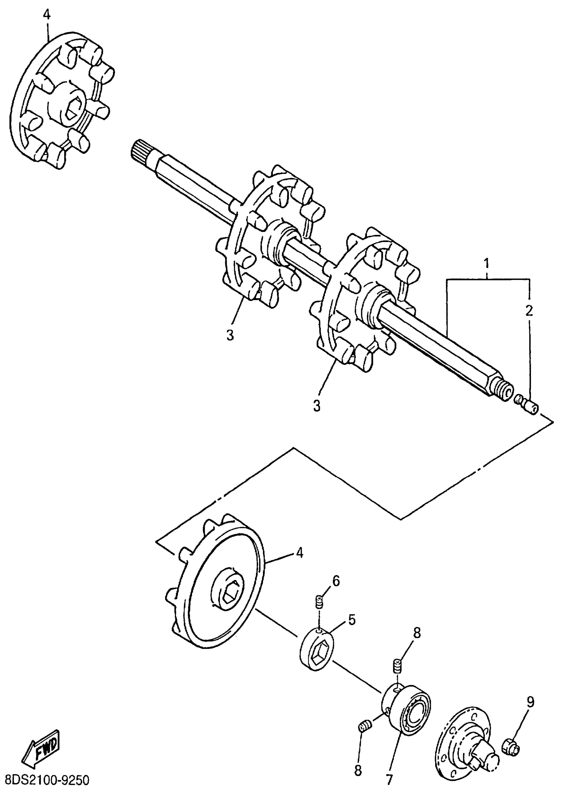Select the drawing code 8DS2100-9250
pos(45,780)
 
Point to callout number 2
pos(529,311)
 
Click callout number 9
pos(531,702)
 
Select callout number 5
pos(351,620)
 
